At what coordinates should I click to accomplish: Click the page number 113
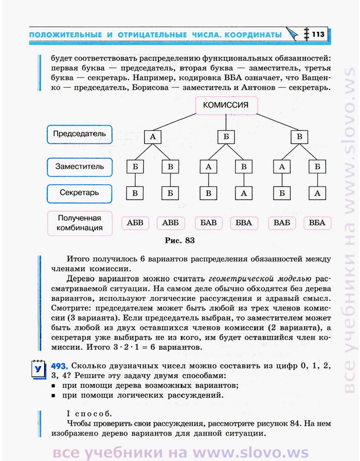coord(318,34)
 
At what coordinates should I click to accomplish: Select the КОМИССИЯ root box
coord(226,105)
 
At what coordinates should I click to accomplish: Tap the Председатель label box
coord(79,134)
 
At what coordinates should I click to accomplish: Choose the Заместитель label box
coord(79,167)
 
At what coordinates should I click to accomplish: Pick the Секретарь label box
coord(79,193)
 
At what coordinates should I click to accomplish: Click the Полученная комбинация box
coord(80,223)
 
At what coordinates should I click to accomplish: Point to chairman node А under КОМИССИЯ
coord(153,137)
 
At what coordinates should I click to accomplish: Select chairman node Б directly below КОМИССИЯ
coord(226,137)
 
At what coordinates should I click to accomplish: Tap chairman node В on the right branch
coord(299,137)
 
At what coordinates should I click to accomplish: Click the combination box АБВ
coord(135,223)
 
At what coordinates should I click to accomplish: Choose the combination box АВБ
coord(170,223)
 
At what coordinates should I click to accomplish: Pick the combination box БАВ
coord(208,223)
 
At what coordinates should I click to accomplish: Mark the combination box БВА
coord(244,223)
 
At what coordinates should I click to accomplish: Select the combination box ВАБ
coord(282,223)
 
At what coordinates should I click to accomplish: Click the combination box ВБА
coord(317,223)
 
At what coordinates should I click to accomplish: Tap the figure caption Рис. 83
coord(180,240)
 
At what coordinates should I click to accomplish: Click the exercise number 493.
coord(59,366)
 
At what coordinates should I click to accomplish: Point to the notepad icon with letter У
coord(39,369)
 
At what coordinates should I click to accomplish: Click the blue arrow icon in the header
coord(292,34)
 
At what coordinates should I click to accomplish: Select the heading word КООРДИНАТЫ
coord(253,34)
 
